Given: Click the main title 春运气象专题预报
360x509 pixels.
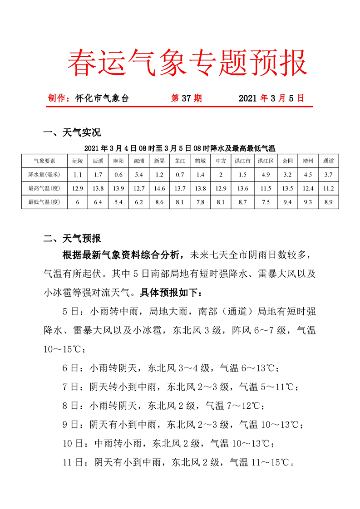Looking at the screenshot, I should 187,63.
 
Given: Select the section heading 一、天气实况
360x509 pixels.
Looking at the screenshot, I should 72,133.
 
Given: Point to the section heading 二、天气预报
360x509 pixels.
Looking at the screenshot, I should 72,238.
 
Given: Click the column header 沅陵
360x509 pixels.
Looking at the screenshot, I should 78,161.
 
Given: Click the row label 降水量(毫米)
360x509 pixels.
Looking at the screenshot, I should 44,174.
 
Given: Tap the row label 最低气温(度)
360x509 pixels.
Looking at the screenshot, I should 44,202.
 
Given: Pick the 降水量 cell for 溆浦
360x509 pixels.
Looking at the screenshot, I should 139,174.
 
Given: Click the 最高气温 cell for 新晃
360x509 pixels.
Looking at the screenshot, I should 159,188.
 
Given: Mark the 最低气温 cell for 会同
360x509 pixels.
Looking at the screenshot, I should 287,202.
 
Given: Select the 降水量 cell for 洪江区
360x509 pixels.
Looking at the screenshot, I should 266,174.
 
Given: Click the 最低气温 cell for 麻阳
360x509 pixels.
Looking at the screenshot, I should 118,202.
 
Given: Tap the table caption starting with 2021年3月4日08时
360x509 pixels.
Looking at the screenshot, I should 180,148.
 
